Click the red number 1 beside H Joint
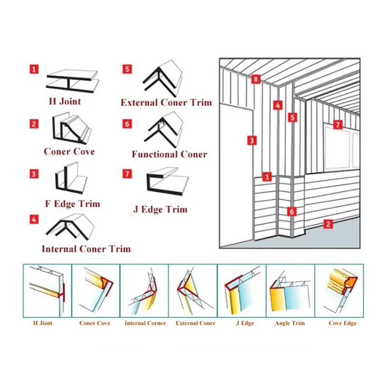(34, 69)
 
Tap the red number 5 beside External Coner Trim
(127, 69)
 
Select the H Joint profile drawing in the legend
(73, 81)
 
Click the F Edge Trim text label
(73, 204)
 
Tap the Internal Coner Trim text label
(86, 249)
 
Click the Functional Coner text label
(170, 154)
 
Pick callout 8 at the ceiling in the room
(255, 79)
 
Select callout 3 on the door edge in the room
(252, 140)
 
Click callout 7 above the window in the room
(337, 124)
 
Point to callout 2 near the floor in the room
(328, 224)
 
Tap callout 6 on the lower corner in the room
(292, 212)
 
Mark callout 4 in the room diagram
(278, 105)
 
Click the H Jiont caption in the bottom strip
(43, 323)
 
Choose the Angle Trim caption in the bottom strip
(290, 323)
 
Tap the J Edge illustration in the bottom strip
(242, 291)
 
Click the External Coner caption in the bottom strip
(195, 323)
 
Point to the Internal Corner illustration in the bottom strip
(144, 291)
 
